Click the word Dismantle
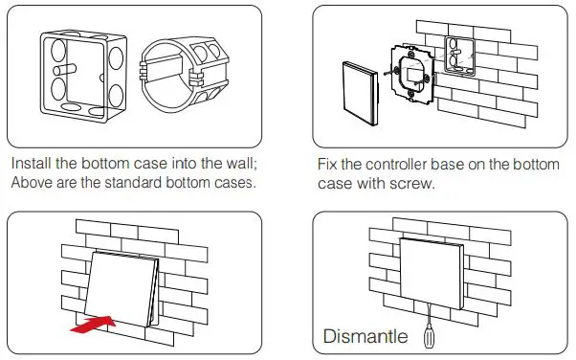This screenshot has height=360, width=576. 366,336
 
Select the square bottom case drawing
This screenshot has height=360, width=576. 84,77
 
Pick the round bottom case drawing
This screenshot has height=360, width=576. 184,74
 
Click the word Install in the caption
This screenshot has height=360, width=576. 32,164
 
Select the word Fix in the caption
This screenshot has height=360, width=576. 327,165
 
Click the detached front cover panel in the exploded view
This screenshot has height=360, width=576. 360,94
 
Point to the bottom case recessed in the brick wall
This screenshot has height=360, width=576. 459,56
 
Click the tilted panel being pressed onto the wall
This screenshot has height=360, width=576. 122,289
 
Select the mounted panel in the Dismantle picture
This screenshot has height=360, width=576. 432,273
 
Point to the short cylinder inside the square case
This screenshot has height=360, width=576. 65,70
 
